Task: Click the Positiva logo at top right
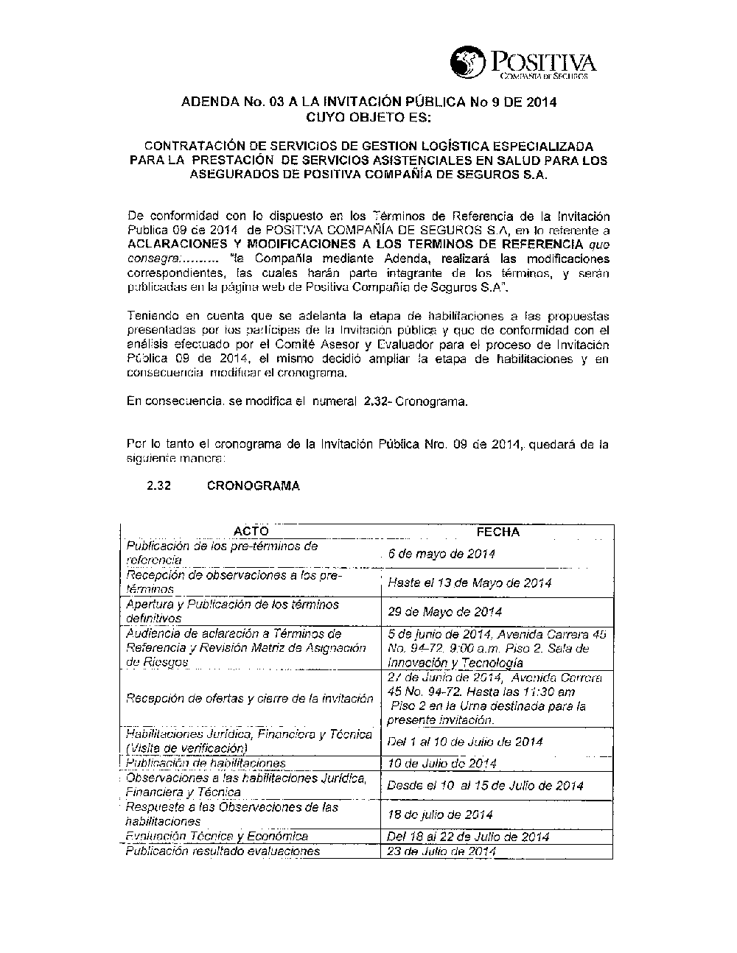(523, 63)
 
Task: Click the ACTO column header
(251, 532)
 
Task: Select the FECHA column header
(498, 532)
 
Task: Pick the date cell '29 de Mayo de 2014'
(445, 611)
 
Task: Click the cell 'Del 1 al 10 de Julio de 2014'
(465, 742)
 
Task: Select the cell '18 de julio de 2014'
(440, 815)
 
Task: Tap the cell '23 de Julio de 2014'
(441, 851)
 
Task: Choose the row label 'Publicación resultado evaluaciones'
(223, 851)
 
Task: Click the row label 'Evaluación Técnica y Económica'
(217, 837)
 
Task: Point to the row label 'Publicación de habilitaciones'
(206, 764)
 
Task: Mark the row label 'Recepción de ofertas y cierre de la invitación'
(250, 698)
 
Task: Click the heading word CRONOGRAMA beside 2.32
(254, 486)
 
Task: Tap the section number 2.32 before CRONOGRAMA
(159, 486)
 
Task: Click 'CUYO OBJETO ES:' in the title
(368, 117)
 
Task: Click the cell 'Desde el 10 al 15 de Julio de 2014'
(485, 786)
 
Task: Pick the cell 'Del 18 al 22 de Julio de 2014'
(468, 837)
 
